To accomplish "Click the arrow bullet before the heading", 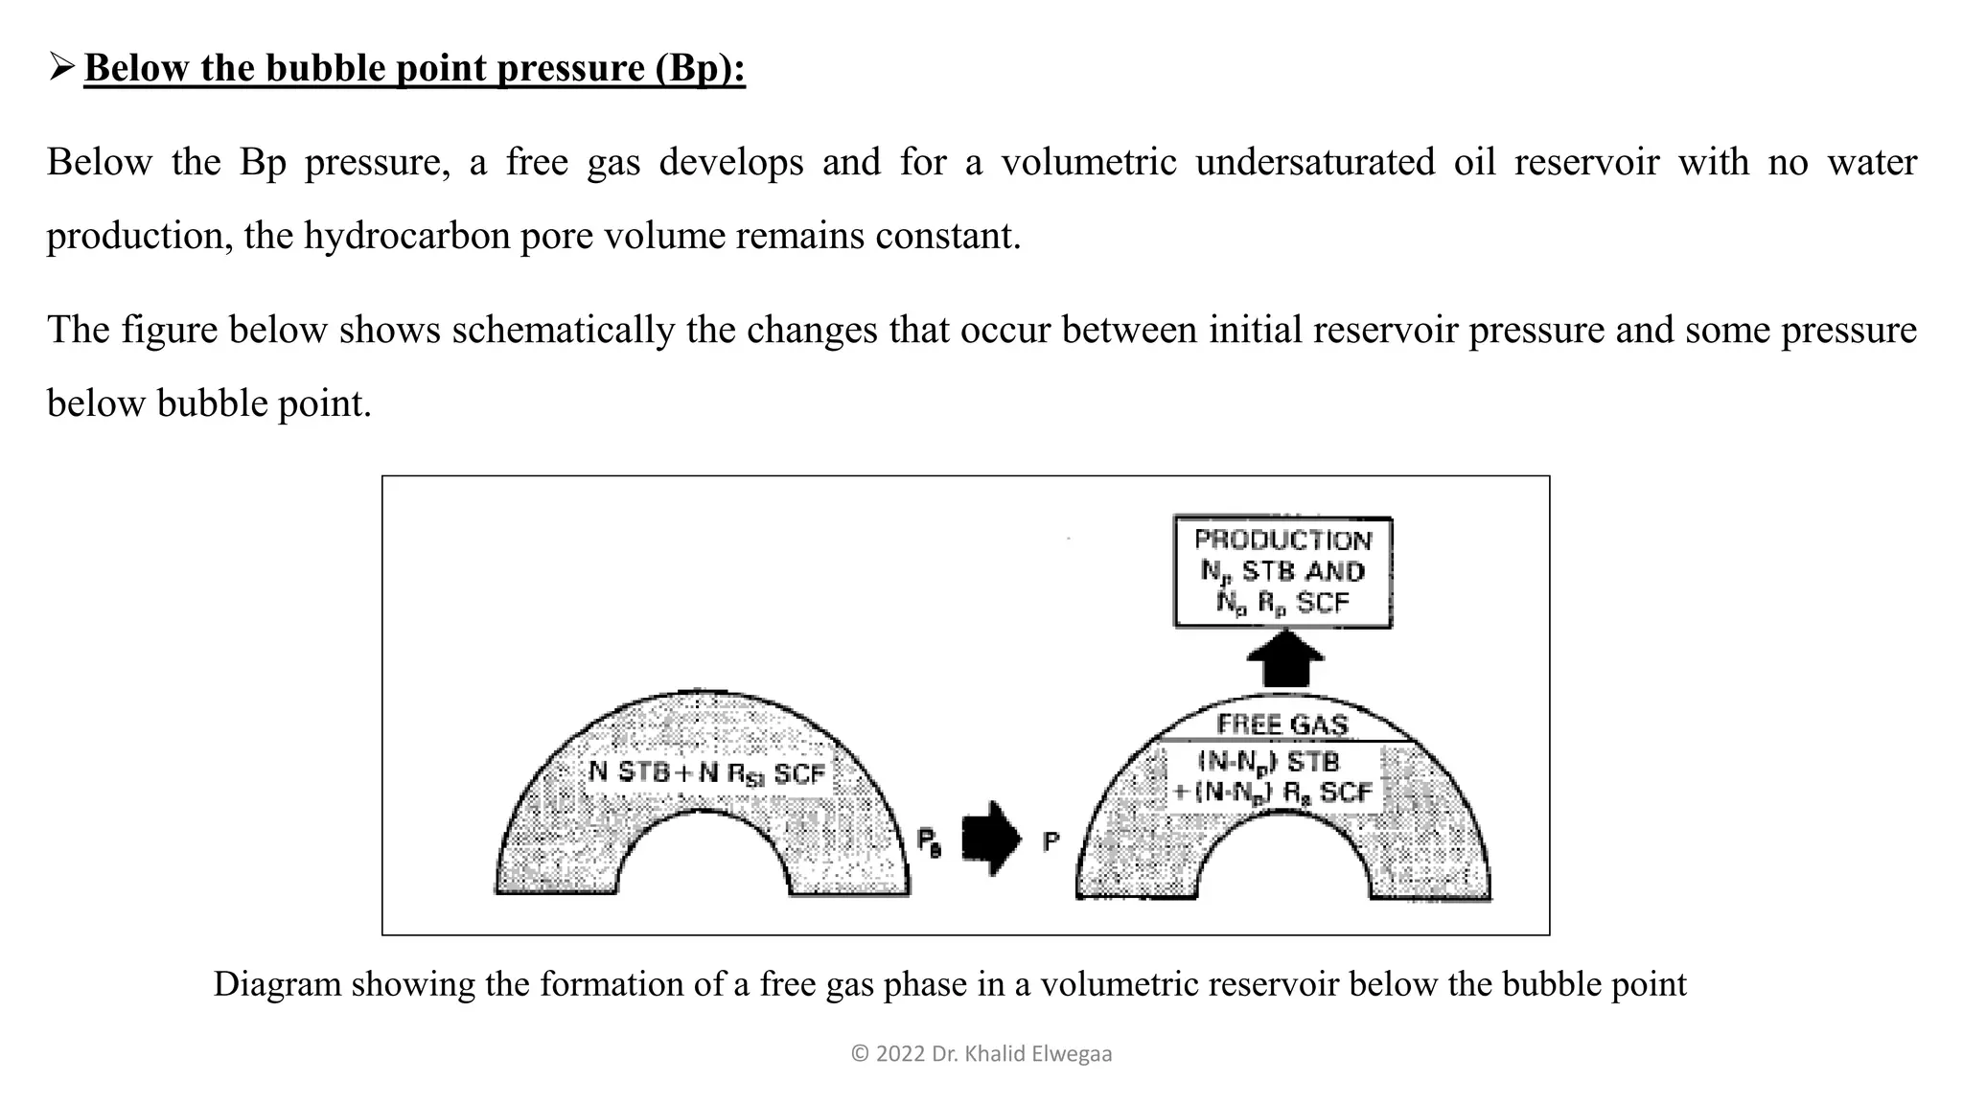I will point(62,67).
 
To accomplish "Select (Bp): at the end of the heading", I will point(700,68).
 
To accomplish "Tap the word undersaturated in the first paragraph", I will point(1314,161).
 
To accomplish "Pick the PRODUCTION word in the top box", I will point(1282,540).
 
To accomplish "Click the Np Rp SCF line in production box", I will point(1282,603).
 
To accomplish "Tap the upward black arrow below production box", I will point(1284,659).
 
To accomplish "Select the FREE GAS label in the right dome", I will point(1282,724).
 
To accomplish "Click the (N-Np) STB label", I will point(1268,763).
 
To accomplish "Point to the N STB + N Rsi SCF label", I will point(706,772).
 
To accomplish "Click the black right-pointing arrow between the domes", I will point(991,838).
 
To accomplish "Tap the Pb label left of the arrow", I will point(928,841).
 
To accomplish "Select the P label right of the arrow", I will point(1051,841).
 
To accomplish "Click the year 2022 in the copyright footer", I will point(900,1054).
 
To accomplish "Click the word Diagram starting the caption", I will point(277,984).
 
